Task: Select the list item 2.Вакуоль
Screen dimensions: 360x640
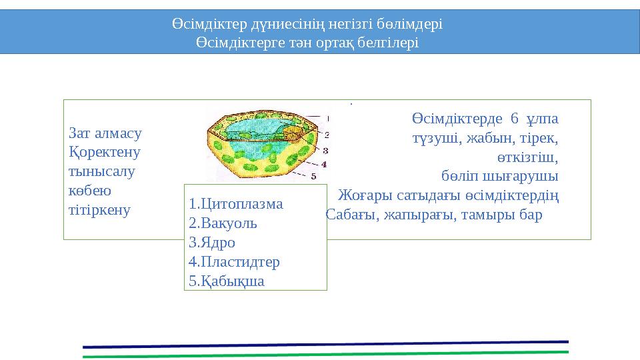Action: coord(223,223)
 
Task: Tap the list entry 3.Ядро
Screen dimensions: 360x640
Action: coord(212,243)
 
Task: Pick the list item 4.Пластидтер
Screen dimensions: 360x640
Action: coord(235,261)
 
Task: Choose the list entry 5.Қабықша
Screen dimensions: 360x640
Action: coord(227,281)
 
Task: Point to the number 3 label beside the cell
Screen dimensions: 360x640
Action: coord(325,151)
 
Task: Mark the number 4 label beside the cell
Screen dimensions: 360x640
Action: coord(324,163)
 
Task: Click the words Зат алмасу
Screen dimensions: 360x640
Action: coord(105,133)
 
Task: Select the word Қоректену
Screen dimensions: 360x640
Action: coord(105,152)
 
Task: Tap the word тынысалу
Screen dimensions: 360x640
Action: coord(102,171)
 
